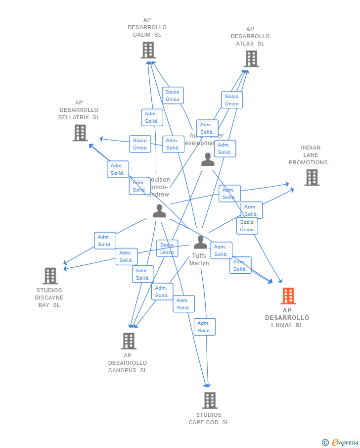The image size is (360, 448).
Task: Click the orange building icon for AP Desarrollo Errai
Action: (x=288, y=296)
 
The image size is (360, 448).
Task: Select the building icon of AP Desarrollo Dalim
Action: (x=148, y=50)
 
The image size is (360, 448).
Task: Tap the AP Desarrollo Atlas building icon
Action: (x=251, y=59)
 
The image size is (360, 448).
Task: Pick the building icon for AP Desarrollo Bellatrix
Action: (x=80, y=133)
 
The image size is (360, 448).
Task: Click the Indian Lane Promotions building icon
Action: (x=312, y=178)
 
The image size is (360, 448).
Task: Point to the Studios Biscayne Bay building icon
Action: (x=50, y=276)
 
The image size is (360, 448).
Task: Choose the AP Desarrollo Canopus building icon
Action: (x=129, y=341)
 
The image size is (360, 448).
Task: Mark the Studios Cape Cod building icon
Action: (x=210, y=400)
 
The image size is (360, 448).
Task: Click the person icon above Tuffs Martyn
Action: (x=200, y=242)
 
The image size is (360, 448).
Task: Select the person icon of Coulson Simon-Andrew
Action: (x=159, y=211)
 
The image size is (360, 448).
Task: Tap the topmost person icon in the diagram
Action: (x=208, y=159)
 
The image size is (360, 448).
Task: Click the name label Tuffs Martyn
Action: (x=199, y=260)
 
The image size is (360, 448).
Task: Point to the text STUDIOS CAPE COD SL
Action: (x=209, y=419)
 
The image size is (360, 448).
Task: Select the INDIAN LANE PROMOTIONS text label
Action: (x=311, y=155)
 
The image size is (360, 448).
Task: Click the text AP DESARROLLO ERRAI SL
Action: (x=287, y=318)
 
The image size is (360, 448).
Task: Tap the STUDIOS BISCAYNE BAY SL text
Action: (x=49, y=298)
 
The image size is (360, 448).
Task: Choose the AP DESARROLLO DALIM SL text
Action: (x=147, y=27)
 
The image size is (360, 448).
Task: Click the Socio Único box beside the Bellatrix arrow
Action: (x=140, y=144)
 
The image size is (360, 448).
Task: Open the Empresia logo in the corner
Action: (x=345, y=442)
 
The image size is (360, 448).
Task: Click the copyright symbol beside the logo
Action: (x=325, y=443)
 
